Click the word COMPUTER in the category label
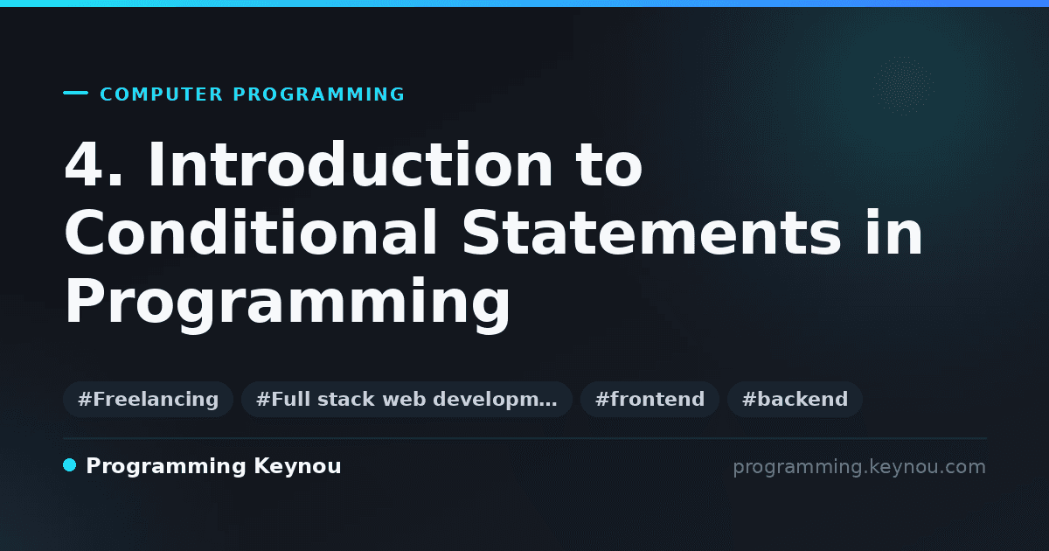tap(162, 94)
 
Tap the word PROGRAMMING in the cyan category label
tap(318, 94)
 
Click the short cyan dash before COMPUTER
tap(75, 93)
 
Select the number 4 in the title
tap(84, 164)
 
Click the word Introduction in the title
tap(351, 164)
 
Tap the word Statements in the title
tap(651, 233)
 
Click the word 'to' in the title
tap(609, 166)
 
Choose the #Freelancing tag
tap(148, 399)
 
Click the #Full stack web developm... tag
tap(406, 399)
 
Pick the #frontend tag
tap(650, 399)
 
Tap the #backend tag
tap(795, 399)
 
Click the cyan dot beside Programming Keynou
tap(70, 465)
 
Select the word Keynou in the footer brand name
tap(297, 466)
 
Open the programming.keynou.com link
tap(859, 467)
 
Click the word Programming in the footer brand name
tap(166, 467)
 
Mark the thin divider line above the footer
tap(525, 438)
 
